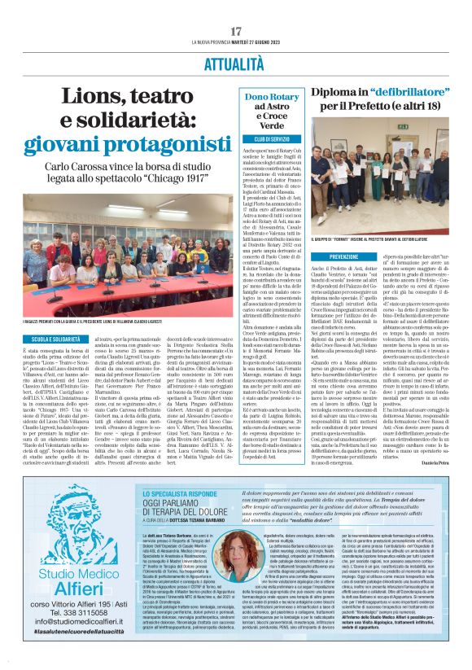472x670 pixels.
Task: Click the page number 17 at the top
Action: point(236,31)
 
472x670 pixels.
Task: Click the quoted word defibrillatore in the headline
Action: point(396,91)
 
